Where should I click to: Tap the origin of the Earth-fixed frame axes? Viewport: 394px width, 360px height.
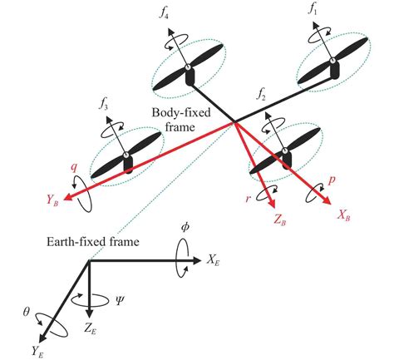coord(90,261)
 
